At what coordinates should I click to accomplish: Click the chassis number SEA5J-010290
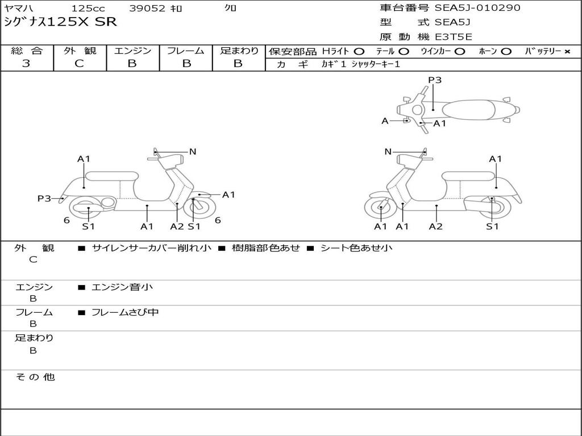click(477, 8)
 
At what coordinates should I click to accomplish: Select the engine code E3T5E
click(454, 37)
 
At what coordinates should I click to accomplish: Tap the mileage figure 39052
click(147, 9)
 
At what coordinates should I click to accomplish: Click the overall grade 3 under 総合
click(26, 64)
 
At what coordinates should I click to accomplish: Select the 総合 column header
click(27, 51)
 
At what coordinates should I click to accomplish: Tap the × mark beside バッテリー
click(567, 52)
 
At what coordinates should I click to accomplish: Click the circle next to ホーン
click(506, 52)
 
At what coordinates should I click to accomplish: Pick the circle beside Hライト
click(359, 52)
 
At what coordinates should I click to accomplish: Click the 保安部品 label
click(292, 52)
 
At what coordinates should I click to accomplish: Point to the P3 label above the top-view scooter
click(435, 80)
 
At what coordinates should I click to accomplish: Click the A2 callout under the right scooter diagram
click(436, 227)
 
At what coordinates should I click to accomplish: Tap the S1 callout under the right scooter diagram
click(492, 227)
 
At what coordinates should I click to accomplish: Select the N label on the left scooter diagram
click(193, 152)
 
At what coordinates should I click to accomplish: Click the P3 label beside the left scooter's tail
click(44, 198)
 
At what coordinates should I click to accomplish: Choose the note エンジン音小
click(122, 287)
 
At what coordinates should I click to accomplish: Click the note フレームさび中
click(124, 312)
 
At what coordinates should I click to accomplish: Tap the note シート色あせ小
click(356, 248)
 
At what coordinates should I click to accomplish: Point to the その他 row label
click(35, 377)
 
